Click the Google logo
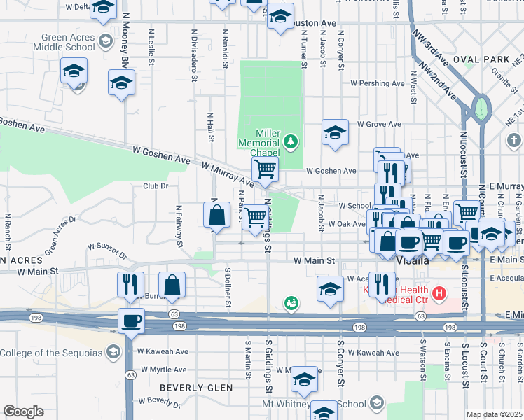[x=23, y=412]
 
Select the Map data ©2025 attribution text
[x=495, y=414]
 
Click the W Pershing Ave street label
[x=378, y=83]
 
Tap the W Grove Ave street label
[x=379, y=124]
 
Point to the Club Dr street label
[x=156, y=185]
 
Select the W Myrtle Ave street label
[x=163, y=370]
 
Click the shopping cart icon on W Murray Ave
[x=265, y=169]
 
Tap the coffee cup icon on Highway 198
[x=130, y=321]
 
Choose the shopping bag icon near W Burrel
[x=172, y=284]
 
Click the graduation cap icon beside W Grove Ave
[x=335, y=132]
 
